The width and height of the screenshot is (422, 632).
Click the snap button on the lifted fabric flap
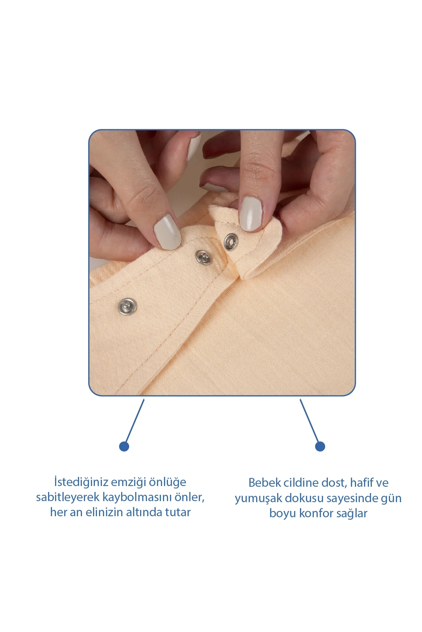coord(231,242)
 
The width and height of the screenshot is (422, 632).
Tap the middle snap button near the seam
coord(203,257)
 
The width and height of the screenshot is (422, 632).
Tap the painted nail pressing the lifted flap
coord(251,213)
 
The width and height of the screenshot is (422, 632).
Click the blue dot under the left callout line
coord(124,446)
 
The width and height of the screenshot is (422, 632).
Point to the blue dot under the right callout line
coord(320,446)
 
